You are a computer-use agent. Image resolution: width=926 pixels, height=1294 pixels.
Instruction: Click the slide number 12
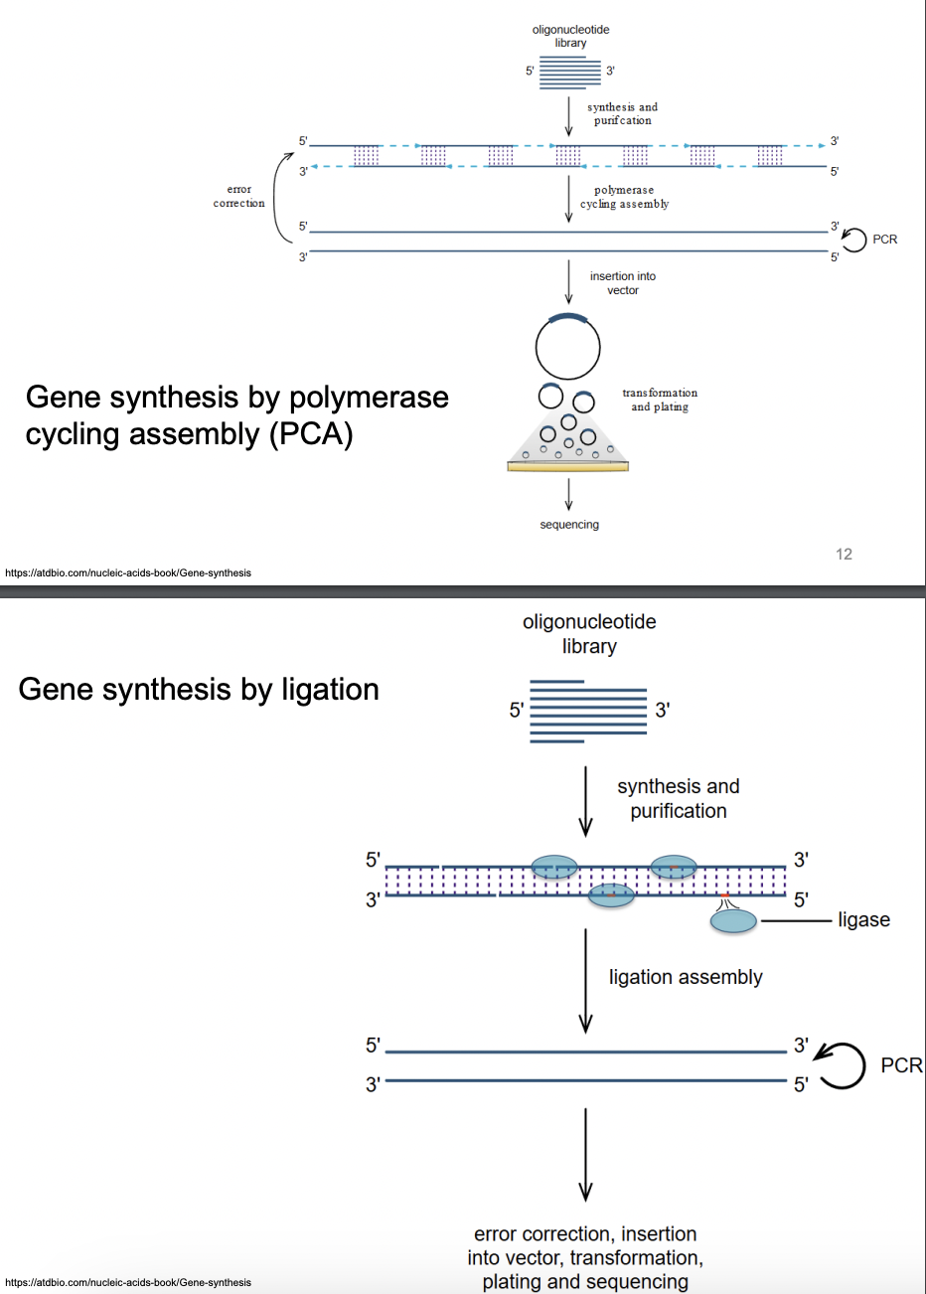point(844,555)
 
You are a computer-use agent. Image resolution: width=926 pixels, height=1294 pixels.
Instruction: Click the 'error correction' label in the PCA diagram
point(238,196)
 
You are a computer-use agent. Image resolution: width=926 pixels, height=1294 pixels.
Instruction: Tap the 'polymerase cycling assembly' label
point(624,197)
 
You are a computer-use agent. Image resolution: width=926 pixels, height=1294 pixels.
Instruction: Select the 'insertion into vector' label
point(623,283)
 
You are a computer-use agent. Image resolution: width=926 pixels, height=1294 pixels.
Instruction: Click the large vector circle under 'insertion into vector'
point(567,348)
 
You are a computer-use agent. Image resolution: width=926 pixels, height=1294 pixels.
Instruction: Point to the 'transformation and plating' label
point(660,400)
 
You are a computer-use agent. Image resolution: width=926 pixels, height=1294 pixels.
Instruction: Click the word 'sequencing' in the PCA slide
point(569,525)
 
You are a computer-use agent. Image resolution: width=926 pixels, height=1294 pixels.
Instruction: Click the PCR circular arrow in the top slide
point(853,240)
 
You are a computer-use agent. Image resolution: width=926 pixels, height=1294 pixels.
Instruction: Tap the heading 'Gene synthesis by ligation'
point(199,690)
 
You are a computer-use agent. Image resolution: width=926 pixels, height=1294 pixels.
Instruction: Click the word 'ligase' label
point(863,920)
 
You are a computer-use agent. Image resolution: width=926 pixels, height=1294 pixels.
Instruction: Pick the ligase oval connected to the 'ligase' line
point(733,921)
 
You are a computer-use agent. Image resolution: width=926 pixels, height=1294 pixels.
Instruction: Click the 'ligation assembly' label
point(686,977)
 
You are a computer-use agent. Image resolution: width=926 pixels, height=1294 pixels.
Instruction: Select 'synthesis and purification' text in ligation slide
point(679,798)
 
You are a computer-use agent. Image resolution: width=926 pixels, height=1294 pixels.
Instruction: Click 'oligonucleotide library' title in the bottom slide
point(589,634)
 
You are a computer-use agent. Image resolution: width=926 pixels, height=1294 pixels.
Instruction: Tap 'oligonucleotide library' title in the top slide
point(570,36)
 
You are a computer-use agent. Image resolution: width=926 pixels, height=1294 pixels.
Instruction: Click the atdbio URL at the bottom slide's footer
point(128,1282)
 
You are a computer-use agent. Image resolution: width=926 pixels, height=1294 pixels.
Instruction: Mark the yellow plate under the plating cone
point(567,466)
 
